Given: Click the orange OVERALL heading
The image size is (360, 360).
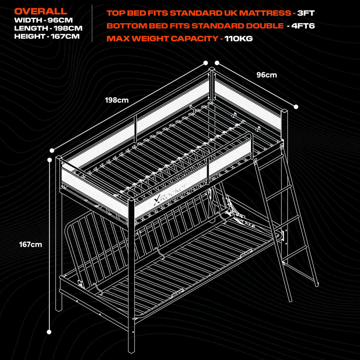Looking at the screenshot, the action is point(41,11).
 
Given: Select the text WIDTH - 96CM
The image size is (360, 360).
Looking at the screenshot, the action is point(44,20).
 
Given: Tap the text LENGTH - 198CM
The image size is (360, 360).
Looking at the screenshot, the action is point(48,28).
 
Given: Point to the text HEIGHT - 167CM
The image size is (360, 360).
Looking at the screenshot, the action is point(47,36).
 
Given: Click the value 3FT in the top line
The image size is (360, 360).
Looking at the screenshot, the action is point(306,13).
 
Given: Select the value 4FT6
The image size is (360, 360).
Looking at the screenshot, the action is point(303,26).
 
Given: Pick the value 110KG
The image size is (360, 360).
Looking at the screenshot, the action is point(239,39).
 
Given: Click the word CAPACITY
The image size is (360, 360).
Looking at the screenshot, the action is point(194,39).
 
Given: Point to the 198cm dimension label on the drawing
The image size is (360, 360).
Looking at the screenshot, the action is point(117,100).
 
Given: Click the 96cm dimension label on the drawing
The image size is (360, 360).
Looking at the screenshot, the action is point(266,75).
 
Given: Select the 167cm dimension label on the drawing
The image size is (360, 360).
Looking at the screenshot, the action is point(31,244).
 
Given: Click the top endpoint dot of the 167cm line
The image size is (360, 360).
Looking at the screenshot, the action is point(49,159).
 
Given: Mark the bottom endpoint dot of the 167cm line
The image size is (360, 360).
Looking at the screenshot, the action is point(49,332).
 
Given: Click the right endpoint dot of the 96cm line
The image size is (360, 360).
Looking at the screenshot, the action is point(296,107).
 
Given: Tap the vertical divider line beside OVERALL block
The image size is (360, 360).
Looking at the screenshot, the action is point(92,23).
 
